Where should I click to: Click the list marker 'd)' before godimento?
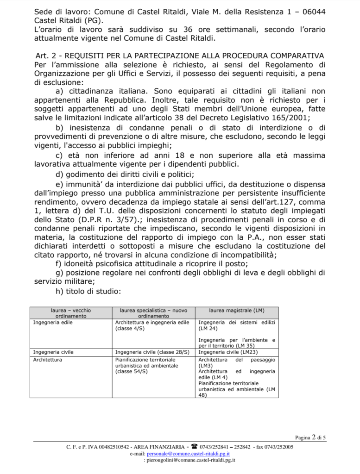pyautogui.click(x=59, y=175)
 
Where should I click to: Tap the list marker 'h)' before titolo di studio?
pyautogui.click(x=59, y=291)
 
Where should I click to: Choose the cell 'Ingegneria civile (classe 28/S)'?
pyautogui.click(x=152, y=352)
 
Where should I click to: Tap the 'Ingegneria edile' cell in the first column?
pyautogui.click(x=53, y=322)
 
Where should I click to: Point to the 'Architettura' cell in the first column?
pyautogui.click(x=48, y=359)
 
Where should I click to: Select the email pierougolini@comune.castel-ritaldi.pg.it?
pyautogui.click(x=190, y=460)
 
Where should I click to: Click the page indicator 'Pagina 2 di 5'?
pyautogui.click(x=310, y=437)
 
